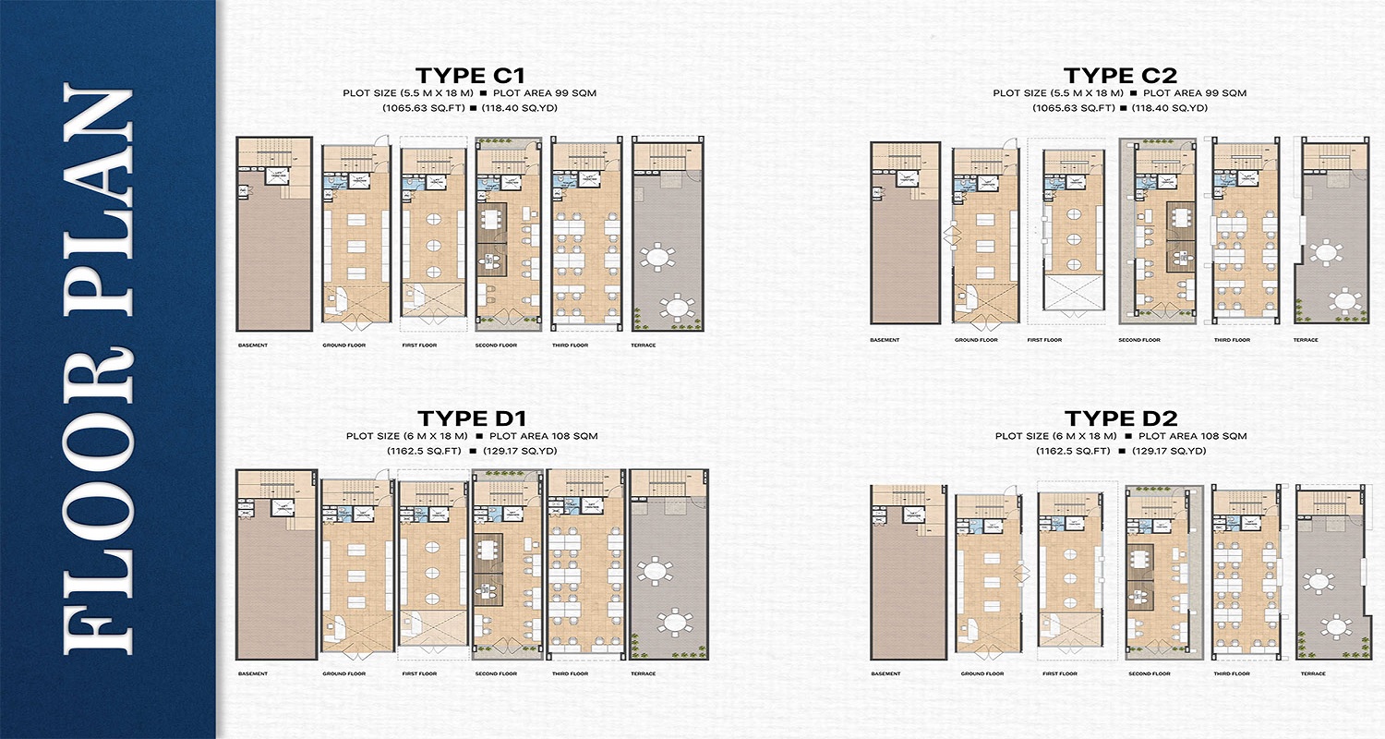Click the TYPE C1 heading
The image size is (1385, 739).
[x=470, y=76]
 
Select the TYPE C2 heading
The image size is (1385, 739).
[x=1119, y=76]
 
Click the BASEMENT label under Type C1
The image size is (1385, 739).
[x=252, y=345]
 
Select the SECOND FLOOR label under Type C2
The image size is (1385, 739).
[x=1138, y=340]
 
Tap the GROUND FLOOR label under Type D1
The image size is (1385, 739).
[x=343, y=673]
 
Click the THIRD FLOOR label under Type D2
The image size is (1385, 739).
[x=1231, y=673]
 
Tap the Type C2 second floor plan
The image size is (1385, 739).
[x=1158, y=230]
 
